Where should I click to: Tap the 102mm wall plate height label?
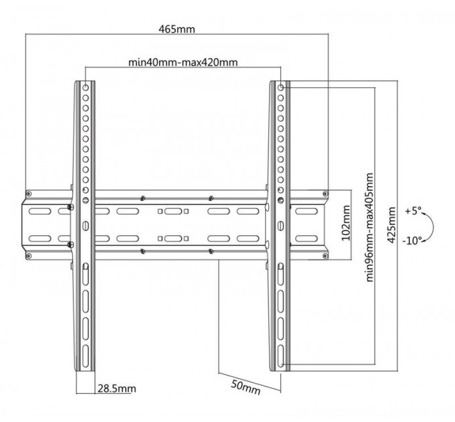coord(345,223)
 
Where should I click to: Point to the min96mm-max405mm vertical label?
coord(370,226)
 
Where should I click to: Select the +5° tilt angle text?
coord(412,211)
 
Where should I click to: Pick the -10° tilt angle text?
coord(413,240)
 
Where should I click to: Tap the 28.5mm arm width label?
coord(117,388)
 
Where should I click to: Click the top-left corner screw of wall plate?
coord(27,194)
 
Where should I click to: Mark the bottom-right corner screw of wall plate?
coord(326,255)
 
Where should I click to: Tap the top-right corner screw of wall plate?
coord(326,194)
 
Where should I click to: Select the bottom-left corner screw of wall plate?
coord(27,255)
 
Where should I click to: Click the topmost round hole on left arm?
coord(86,87)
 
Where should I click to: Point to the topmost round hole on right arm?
coord(280,87)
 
